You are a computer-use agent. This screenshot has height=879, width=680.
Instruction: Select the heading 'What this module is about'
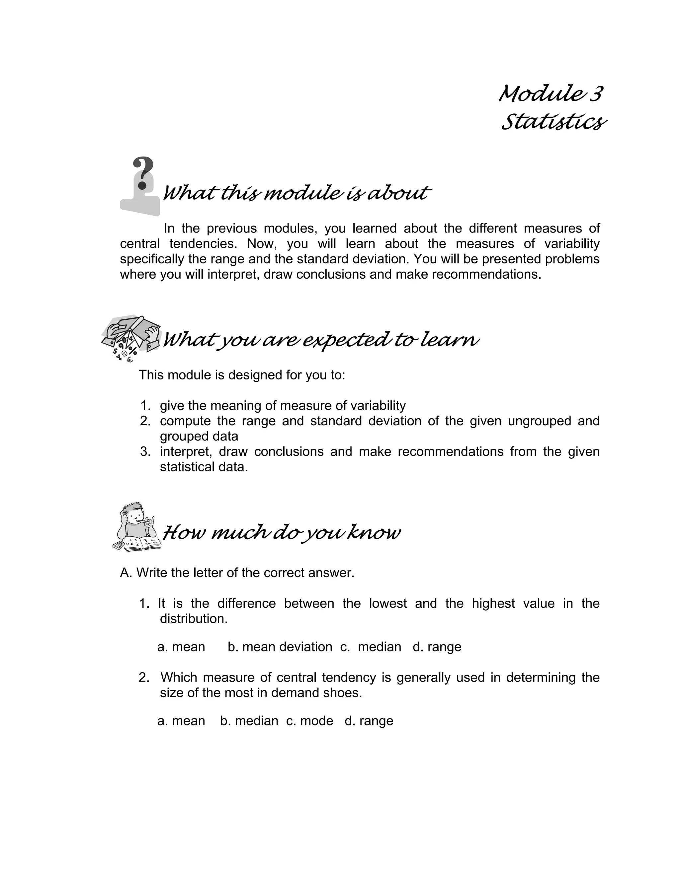pyautogui.click(x=296, y=193)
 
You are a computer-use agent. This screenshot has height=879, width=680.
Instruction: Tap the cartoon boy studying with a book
pyautogui.click(x=137, y=526)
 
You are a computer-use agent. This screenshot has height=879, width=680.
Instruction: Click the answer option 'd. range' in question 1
pyautogui.click(x=437, y=647)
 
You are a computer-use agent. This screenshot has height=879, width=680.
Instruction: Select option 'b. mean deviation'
pyautogui.click(x=280, y=647)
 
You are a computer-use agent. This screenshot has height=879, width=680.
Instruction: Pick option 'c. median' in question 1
pyautogui.click(x=371, y=647)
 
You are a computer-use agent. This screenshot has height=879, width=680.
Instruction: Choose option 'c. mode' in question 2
pyautogui.click(x=310, y=720)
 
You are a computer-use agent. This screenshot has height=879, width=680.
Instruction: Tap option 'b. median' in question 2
pyautogui.click(x=249, y=720)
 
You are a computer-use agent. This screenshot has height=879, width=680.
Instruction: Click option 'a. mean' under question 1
pyautogui.click(x=181, y=647)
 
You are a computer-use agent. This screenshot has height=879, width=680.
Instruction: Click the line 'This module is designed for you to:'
pyautogui.click(x=242, y=375)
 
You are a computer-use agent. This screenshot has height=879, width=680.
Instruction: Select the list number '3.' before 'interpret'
pyautogui.click(x=145, y=451)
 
